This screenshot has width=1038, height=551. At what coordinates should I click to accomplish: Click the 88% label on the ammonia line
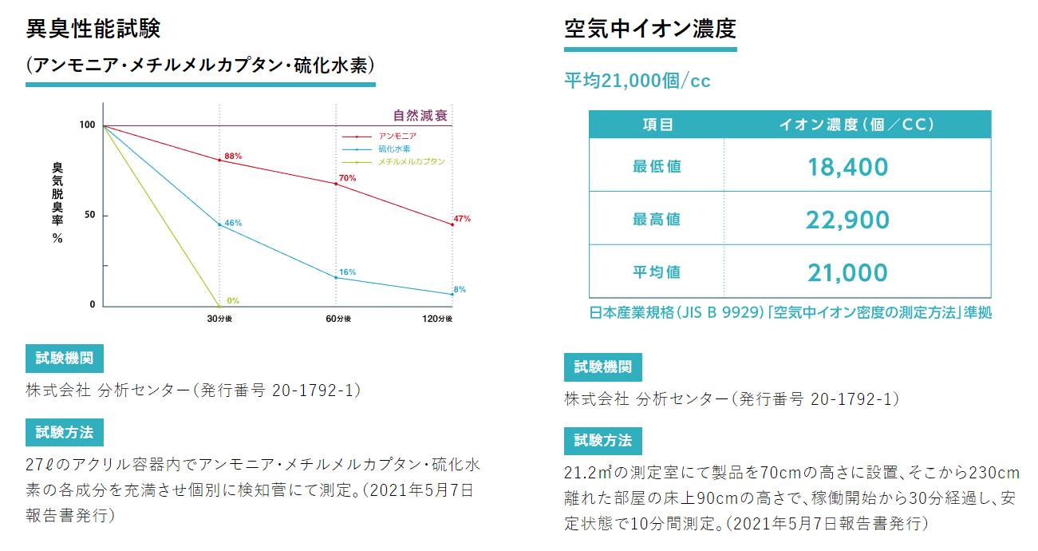click(233, 156)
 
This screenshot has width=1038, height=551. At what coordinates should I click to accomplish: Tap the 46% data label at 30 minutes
click(233, 223)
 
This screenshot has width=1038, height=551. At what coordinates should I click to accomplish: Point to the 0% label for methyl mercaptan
click(233, 301)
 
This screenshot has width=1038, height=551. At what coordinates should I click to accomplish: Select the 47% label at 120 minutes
click(462, 218)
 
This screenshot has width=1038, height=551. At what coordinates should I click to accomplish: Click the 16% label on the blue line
click(347, 272)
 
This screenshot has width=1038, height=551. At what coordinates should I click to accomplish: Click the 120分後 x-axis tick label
click(437, 319)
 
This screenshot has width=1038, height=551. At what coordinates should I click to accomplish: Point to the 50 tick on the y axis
click(89, 216)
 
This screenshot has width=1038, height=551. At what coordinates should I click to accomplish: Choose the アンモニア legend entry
click(397, 137)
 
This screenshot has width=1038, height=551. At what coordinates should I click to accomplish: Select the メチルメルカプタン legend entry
click(411, 161)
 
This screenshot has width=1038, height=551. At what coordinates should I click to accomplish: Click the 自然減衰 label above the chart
click(420, 115)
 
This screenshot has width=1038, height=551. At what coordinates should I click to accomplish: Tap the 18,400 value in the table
click(847, 167)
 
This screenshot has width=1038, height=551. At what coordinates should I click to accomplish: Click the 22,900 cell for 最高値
click(847, 220)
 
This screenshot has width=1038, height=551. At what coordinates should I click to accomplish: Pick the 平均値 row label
click(657, 272)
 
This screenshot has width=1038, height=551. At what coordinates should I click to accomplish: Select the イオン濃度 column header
click(857, 125)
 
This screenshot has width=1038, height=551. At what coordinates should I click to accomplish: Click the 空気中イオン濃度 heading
click(649, 29)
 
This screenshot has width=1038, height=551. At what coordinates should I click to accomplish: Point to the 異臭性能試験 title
click(93, 29)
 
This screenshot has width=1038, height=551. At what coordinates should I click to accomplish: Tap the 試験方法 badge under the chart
click(65, 432)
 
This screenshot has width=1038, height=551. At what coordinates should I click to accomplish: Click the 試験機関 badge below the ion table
click(602, 367)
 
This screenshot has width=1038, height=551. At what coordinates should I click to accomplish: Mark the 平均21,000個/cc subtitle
click(637, 81)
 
